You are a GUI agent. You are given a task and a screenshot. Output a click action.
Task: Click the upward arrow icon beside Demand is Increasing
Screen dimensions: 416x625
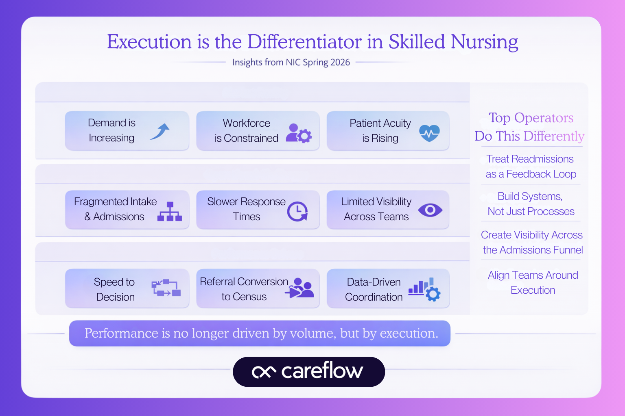click(160, 131)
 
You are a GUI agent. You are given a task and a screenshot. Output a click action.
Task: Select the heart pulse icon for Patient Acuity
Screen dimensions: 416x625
click(429, 132)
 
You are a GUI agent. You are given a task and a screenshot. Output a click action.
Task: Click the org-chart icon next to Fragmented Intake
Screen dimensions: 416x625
click(170, 211)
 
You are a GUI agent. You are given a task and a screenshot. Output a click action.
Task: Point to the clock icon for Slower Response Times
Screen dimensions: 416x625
click(297, 211)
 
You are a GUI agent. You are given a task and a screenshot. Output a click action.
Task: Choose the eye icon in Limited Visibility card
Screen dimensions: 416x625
click(430, 210)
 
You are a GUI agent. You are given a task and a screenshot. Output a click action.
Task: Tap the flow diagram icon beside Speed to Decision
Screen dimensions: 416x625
click(166, 288)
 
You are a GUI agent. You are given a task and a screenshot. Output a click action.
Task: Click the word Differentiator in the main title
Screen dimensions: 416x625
click(304, 42)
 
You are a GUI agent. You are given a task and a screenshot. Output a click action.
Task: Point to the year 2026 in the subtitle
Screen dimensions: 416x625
click(340, 62)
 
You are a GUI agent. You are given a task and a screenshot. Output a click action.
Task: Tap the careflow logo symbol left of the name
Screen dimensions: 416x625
click(264, 371)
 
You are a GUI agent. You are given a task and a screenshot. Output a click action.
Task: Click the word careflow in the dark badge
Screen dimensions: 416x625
click(322, 371)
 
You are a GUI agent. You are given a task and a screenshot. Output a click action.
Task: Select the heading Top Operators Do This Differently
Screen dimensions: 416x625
click(530, 127)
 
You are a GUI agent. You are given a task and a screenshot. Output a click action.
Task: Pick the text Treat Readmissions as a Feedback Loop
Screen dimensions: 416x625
click(531, 167)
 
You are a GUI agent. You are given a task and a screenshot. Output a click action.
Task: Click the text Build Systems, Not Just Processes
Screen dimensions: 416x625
click(531, 204)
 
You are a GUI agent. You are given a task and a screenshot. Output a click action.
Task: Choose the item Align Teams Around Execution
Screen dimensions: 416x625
click(533, 283)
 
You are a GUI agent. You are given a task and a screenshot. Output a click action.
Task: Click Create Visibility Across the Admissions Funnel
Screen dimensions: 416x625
click(532, 243)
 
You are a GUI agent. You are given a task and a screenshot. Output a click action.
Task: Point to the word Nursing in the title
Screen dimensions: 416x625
click(484, 42)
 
